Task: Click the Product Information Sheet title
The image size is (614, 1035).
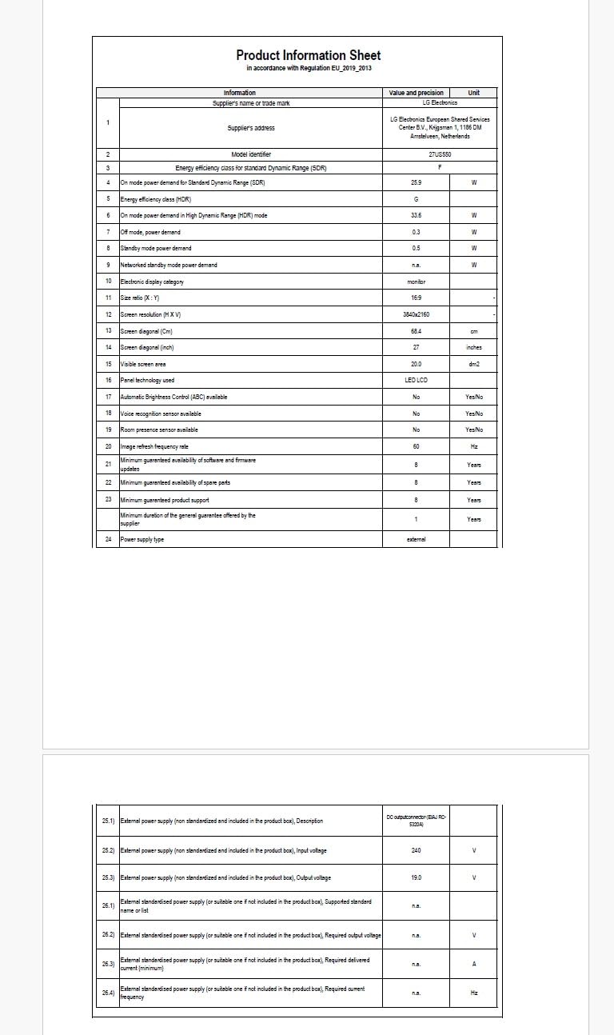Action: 308,55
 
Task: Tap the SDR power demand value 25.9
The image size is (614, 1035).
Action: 416,183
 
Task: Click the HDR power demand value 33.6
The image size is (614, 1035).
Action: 416,215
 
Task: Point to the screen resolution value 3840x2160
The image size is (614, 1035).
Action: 416,314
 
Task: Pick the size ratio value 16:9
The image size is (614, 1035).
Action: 416,298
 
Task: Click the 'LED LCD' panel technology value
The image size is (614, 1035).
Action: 416,380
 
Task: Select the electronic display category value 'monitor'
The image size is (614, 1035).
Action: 416,282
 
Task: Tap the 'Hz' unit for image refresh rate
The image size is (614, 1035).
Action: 474,446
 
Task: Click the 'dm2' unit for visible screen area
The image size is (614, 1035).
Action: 474,364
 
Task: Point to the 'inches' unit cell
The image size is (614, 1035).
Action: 474,347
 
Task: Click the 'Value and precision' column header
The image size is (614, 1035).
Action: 416,93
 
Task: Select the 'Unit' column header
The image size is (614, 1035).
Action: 474,93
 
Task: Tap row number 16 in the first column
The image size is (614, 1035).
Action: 108,380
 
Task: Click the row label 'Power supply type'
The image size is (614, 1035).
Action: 143,539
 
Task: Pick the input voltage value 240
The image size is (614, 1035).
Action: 416,849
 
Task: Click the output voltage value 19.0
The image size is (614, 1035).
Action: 416,877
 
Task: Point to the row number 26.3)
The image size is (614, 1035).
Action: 108,964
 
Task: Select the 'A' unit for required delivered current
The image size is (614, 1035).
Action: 474,964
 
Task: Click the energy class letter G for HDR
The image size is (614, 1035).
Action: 416,199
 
